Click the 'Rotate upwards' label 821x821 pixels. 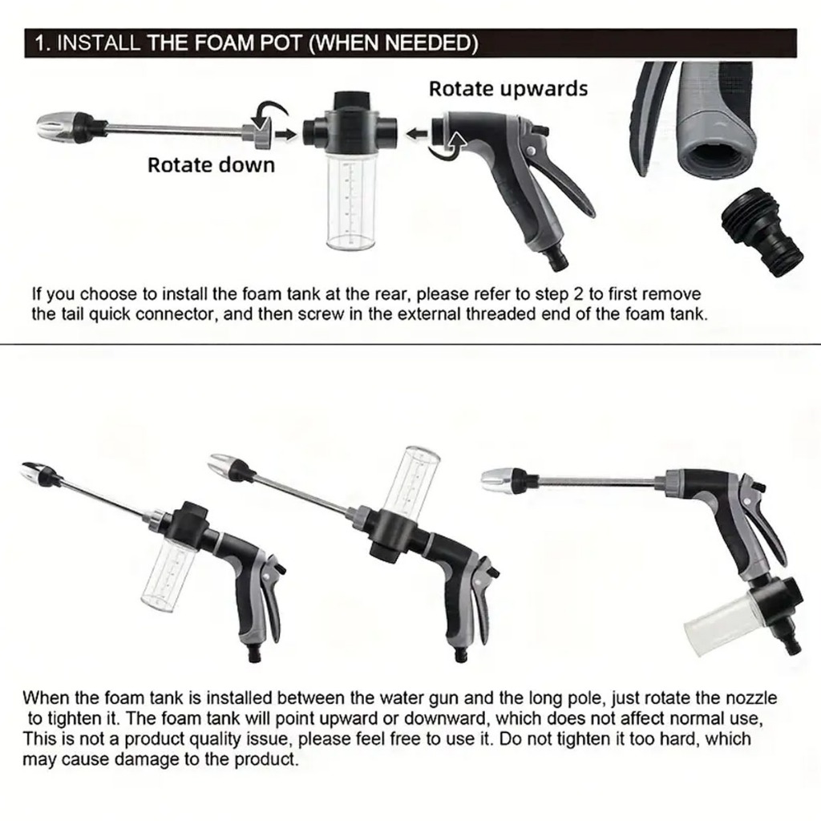click(508, 89)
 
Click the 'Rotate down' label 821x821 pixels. click(211, 165)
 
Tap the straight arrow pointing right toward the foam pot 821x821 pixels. click(285, 135)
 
